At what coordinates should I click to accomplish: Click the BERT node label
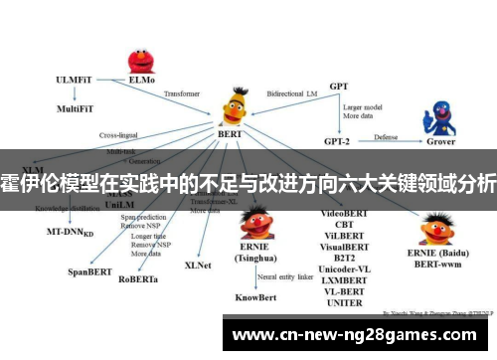pyautogui.click(x=231, y=134)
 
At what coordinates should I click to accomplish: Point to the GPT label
pyautogui.click(x=338, y=88)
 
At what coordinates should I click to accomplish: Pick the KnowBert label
pyautogui.click(x=256, y=296)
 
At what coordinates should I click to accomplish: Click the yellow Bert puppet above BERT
pyautogui.click(x=235, y=104)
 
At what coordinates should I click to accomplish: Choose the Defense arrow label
pyautogui.click(x=386, y=136)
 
